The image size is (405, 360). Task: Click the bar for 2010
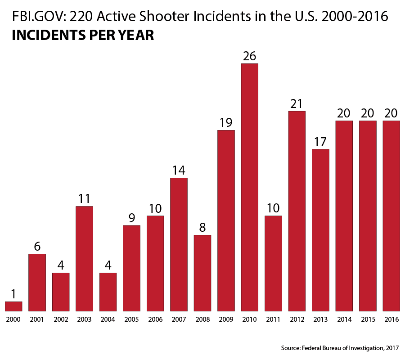pos(249,187)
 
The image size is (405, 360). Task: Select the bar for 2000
pos(13,306)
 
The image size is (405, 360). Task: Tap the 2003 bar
pos(84,259)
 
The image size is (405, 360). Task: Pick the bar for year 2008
pos(202,273)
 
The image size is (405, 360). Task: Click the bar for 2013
pos(320,230)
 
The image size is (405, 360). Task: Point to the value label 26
pos(249,56)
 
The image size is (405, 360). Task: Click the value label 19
pos(226,123)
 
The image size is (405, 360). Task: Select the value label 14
pos(179,171)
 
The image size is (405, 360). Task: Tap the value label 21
pos(297,104)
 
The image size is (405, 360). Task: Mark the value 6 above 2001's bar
pos(37,247)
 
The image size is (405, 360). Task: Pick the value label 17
pos(320,142)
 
